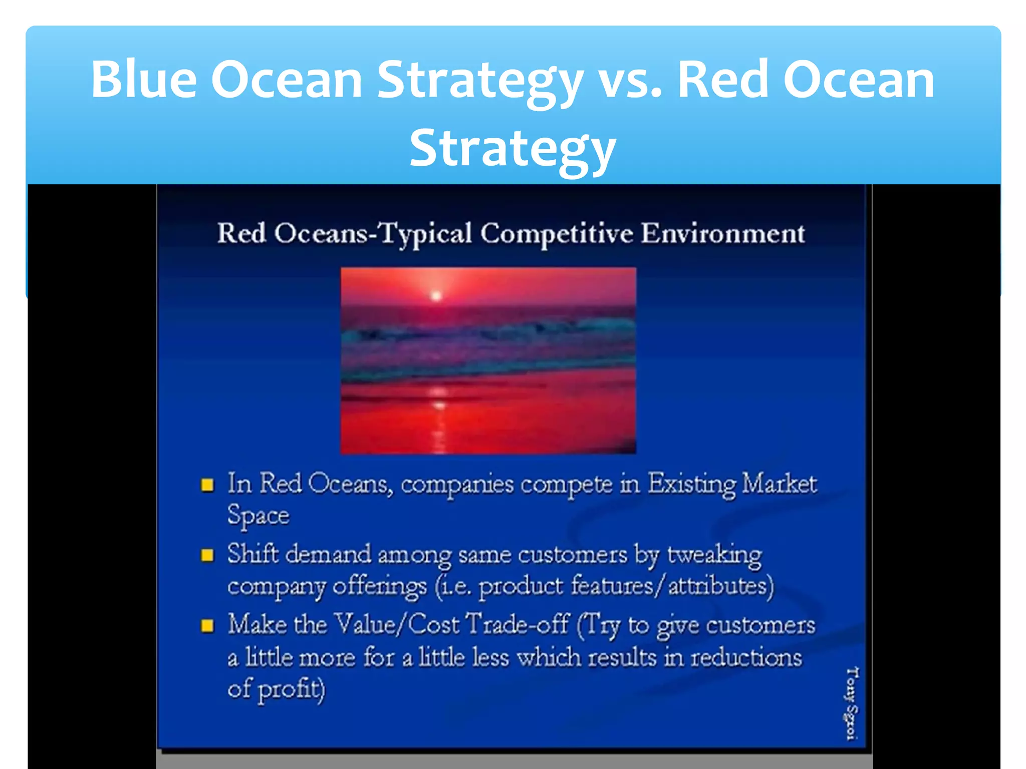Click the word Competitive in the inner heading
click(556, 234)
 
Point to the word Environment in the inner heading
click(722, 234)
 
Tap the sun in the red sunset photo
click(436, 296)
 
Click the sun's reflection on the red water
click(439, 406)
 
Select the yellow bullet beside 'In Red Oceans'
click(207, 485)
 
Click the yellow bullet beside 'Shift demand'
click(207, 555)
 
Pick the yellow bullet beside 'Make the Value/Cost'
click(207, 626)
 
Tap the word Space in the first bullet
click(258, 516)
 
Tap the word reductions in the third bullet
click(746, 657)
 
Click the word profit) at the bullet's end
click(292, 689)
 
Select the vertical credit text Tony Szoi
click(852, 703)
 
